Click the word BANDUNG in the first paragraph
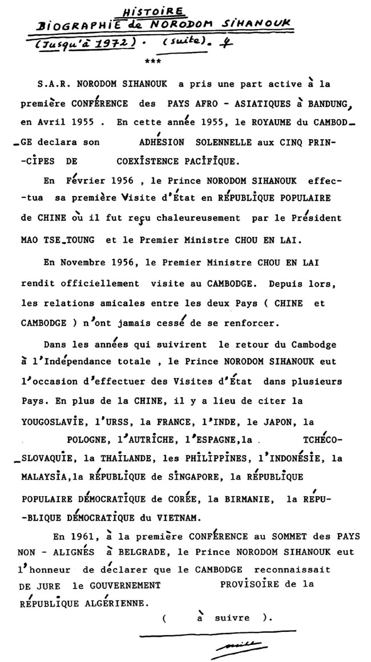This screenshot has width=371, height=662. click(322, 107)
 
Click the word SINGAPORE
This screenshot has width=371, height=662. click(190, 477)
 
